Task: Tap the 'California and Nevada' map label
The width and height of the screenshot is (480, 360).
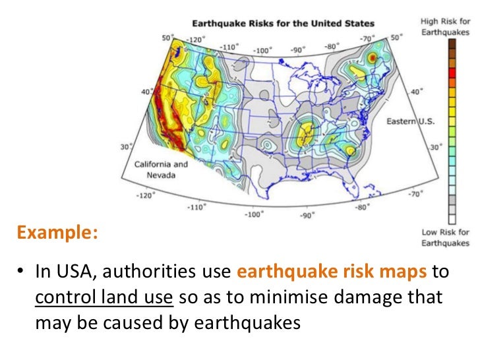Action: coord(161,169)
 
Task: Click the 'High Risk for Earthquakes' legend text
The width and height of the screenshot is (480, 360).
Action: coord(445,26)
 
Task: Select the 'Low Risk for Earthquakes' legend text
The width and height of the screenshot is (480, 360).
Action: coord(445,237)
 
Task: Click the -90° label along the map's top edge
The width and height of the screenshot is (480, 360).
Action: coord(299,49)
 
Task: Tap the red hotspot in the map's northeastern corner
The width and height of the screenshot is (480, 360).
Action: coord(373,58)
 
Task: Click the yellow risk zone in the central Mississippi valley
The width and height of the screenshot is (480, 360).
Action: coord(305,136)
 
